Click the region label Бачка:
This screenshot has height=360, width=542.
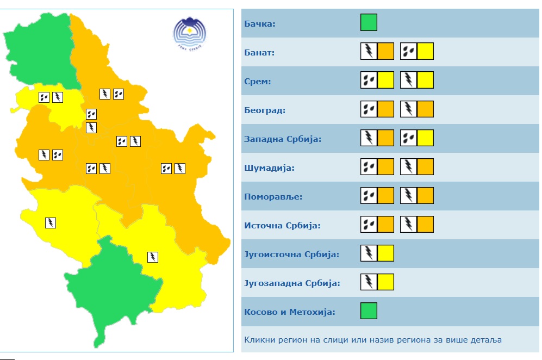point(260,24)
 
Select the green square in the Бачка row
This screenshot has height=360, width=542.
point(369,23)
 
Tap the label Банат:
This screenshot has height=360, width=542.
point(260,53)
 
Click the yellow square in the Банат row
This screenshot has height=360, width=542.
point(425,52)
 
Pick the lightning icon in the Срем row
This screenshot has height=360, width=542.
point(409,80)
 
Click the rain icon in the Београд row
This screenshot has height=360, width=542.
point(369,109)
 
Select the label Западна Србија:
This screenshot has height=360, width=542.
point(283,139)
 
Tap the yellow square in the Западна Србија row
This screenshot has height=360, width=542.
point(425,138)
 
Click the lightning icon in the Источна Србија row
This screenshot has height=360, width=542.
point(409,224)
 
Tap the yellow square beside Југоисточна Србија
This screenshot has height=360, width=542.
point(385,253)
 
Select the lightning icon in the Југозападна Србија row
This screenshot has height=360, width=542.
point(369,282)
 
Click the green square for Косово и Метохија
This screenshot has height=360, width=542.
point(369,311)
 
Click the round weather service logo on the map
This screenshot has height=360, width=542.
point(189,34)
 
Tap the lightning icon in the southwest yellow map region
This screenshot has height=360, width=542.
point(50,222)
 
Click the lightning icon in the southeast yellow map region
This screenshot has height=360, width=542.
point(153,257)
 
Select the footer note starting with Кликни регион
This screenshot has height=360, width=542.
point(373,340)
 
